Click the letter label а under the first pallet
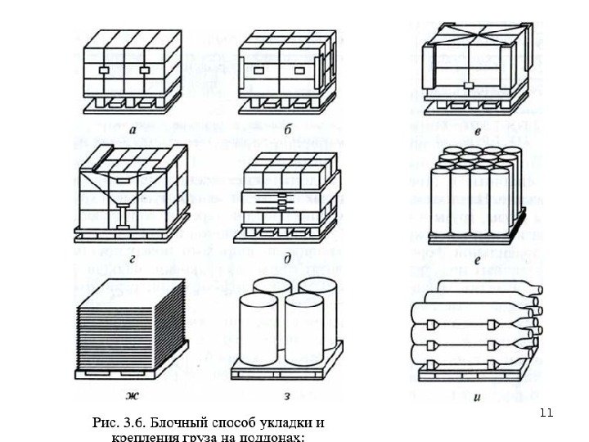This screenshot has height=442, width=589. tap(131, 129)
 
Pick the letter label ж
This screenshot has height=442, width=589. tap(131, 399)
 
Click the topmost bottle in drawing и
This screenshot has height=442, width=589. tap(483, 287)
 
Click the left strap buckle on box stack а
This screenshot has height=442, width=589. tap(103, 71)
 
